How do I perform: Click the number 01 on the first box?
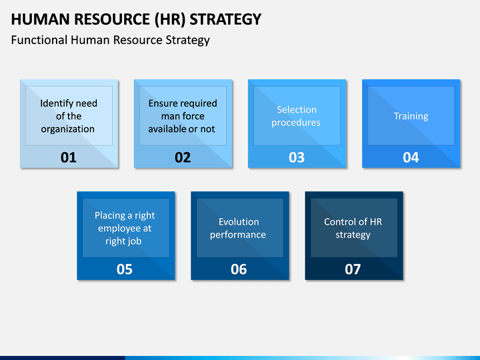(68, 157)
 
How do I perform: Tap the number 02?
(183, 157)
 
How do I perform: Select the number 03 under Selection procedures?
(297, 157)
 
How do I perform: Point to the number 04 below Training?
(411, 157)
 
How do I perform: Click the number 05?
(125, 269)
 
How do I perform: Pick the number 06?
(239, 269)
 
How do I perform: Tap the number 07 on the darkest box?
(353, 269)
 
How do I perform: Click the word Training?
(411, 116)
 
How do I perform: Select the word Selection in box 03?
(297, 109)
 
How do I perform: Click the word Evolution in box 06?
(239, 221)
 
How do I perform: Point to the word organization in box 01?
(67, 129)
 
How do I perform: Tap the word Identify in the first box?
(54, 103)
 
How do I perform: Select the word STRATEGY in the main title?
(225, 19)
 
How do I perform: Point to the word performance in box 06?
(238, 235)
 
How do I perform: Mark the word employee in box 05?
(116, 229)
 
